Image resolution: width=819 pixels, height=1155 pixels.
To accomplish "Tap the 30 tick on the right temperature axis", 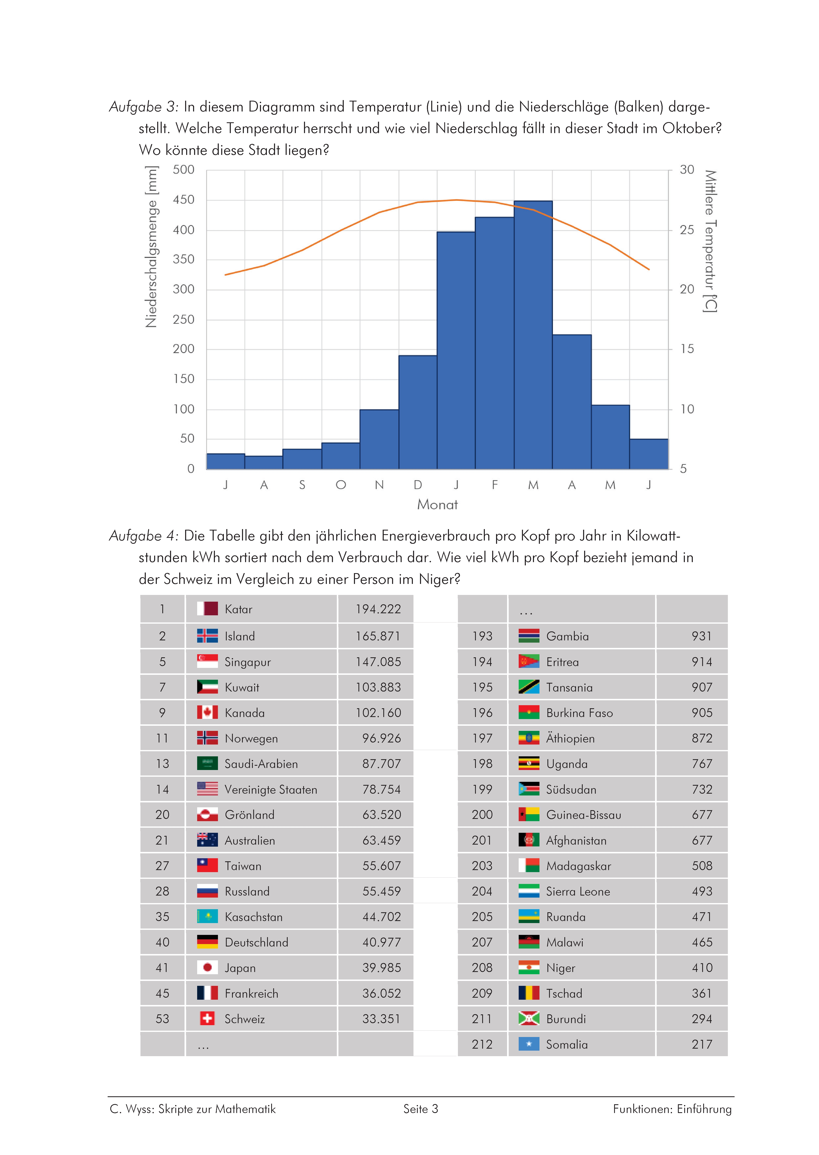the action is (x=687, y=170).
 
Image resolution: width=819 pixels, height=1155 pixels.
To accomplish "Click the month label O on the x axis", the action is (x=341, y=485).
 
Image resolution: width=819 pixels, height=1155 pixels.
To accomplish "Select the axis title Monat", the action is (x=437, y=505).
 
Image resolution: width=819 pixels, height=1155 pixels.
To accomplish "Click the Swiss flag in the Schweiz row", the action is (x=207, y=1018).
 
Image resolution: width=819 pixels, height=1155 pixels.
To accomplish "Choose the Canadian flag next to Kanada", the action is (x=207, y=712).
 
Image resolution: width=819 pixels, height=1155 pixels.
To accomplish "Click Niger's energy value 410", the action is (x=702, y=967).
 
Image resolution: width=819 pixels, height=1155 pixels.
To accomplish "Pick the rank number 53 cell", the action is (x=162, y=1018).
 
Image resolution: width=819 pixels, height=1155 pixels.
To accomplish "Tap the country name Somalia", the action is (x=567, y=1044).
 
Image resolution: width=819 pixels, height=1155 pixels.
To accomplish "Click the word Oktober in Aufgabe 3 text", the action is (x=692, y=129).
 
